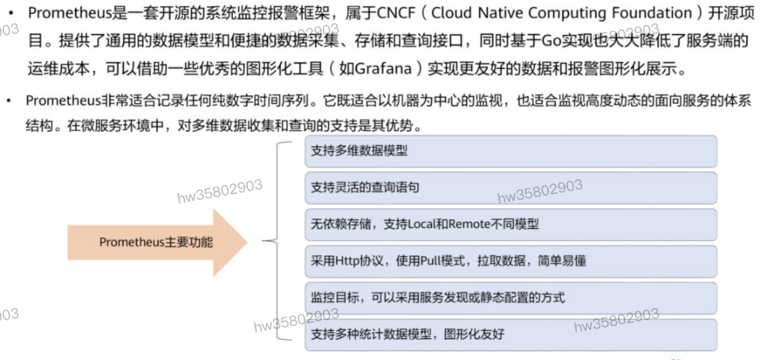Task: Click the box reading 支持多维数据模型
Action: (510, 151)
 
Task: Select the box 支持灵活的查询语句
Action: (510, 188)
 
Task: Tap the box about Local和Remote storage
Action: (510, 224)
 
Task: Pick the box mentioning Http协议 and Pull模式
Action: (510, 261)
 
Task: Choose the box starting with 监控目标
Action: (510, 298)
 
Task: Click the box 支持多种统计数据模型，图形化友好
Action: (510, 334)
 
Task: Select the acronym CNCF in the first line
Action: (387, 12)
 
